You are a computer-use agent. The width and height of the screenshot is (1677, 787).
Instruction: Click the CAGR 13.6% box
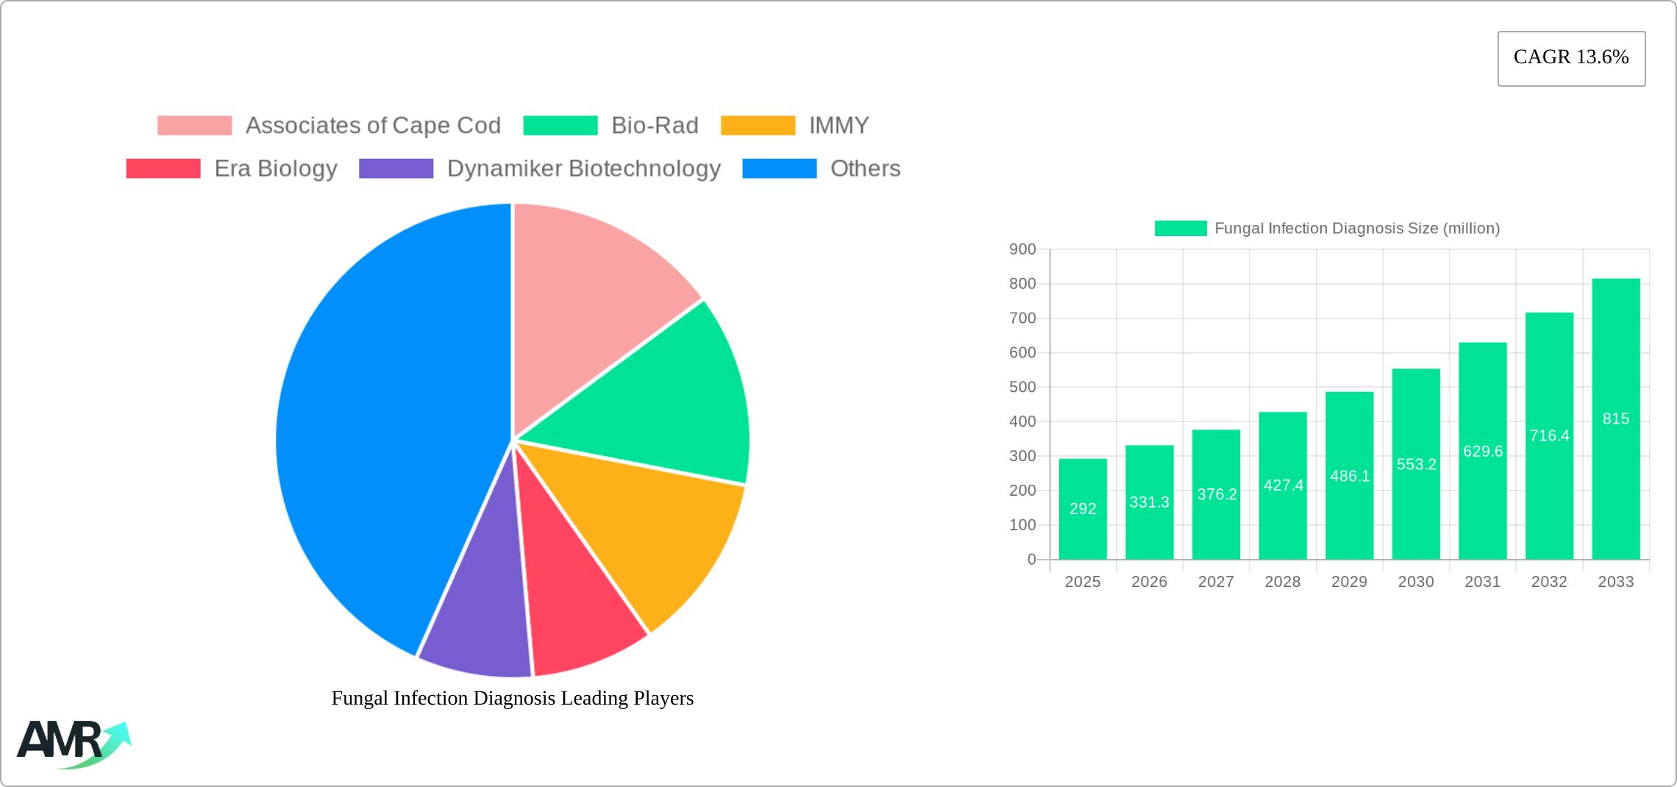pos(1571,58)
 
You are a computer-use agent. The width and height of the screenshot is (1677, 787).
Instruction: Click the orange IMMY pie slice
pos(647,530)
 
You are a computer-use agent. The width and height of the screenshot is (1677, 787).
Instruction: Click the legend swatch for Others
pos(779,168)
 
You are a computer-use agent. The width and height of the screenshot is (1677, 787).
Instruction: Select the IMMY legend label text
pos(838,126)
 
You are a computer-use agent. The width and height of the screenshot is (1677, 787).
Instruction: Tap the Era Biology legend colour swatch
pos(163,168)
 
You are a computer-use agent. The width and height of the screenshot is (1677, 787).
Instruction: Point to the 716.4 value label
pos(1550,435)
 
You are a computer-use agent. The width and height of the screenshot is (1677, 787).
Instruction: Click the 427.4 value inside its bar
pos(1283,485)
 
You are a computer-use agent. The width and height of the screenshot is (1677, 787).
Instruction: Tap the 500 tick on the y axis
pos(1022,387)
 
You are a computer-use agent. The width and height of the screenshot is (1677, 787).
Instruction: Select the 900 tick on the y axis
pos(1022,249)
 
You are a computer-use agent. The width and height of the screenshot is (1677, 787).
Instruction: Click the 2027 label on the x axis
pos(1216,582)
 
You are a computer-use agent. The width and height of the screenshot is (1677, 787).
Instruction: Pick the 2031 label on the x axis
pos(1483,582)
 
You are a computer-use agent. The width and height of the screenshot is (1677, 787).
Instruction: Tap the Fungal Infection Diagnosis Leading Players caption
pos(513,698)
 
